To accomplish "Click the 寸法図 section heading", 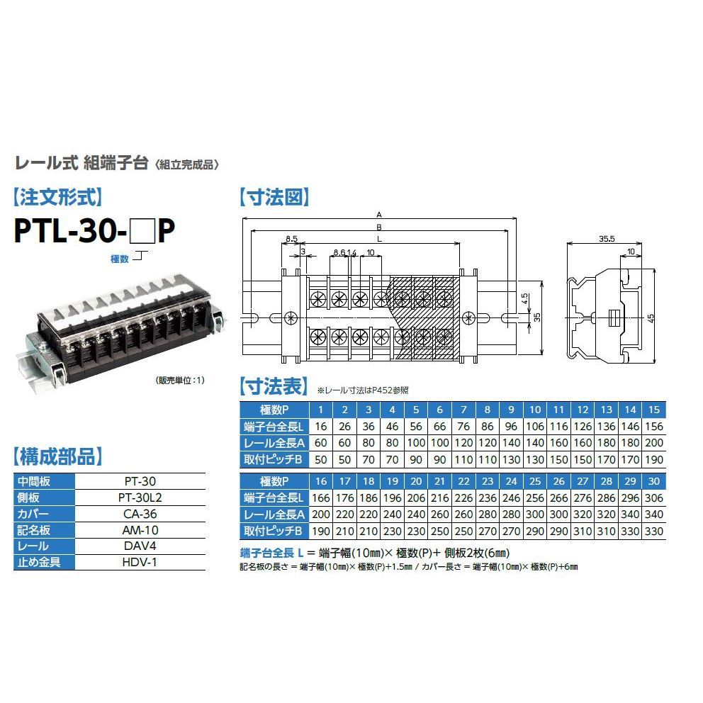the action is (x=274, y=197).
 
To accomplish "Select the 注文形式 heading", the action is (x=58, y=197).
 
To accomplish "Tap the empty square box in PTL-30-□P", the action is (x=142, y=231).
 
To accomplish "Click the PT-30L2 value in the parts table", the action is (x=140, y=497).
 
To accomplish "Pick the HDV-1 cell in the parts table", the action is (x=140, y=562).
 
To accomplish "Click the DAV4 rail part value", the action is (x=140, y=546).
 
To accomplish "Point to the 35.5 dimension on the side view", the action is (x=607, y=239).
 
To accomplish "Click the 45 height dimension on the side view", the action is (x=651, y=318).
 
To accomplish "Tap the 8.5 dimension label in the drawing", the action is (x=291, y=239).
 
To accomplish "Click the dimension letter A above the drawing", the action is (x=379, y=215).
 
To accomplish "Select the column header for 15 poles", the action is (x=653, y=410).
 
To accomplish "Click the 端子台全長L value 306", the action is (x=653, y=498).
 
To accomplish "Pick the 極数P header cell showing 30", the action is (x=653, y=481).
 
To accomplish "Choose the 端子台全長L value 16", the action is (x=320, y=427).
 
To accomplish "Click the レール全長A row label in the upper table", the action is (x=274, y=443).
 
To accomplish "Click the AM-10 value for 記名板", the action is (x=140, y=530).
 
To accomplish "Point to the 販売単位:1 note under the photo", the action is (x=180, y=380).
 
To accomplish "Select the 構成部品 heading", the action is (x=58, y=456).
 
